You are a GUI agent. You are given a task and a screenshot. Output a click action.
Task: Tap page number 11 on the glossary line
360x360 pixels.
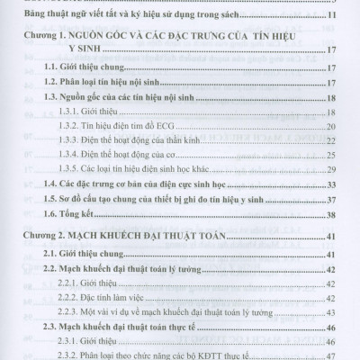click(332, 18)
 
